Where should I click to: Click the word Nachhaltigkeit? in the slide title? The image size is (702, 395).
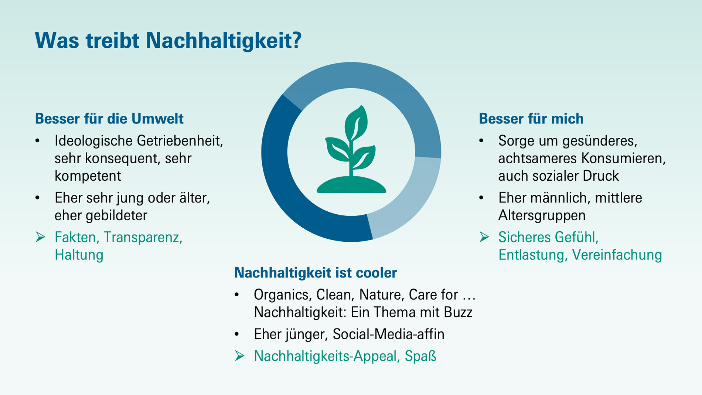(x=224, y=41)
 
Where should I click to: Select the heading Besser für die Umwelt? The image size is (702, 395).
(x=109, y=119)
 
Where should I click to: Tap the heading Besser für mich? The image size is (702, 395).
(x=531, y=119)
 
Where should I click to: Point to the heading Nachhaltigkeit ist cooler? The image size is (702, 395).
(x=316, y=273)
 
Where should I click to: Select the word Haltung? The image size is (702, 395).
(x=79, y=255)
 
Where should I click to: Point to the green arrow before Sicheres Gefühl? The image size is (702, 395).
(x=484, y=237)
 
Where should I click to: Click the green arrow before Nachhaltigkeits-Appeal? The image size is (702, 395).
(x=239, y=356)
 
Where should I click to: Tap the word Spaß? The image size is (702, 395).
(x=420, y=356)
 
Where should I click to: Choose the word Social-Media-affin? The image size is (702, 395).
(x=388, y=334)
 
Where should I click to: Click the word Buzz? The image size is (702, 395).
(x=458, y=313)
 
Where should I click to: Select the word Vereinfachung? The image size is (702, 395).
(x=617, y=255)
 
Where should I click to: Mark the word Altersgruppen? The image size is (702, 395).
(x=542, y=215)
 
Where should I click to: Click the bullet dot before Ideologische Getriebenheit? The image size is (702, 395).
(x=38, y=141)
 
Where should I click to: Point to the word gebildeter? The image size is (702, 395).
(x=116, y=215)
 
